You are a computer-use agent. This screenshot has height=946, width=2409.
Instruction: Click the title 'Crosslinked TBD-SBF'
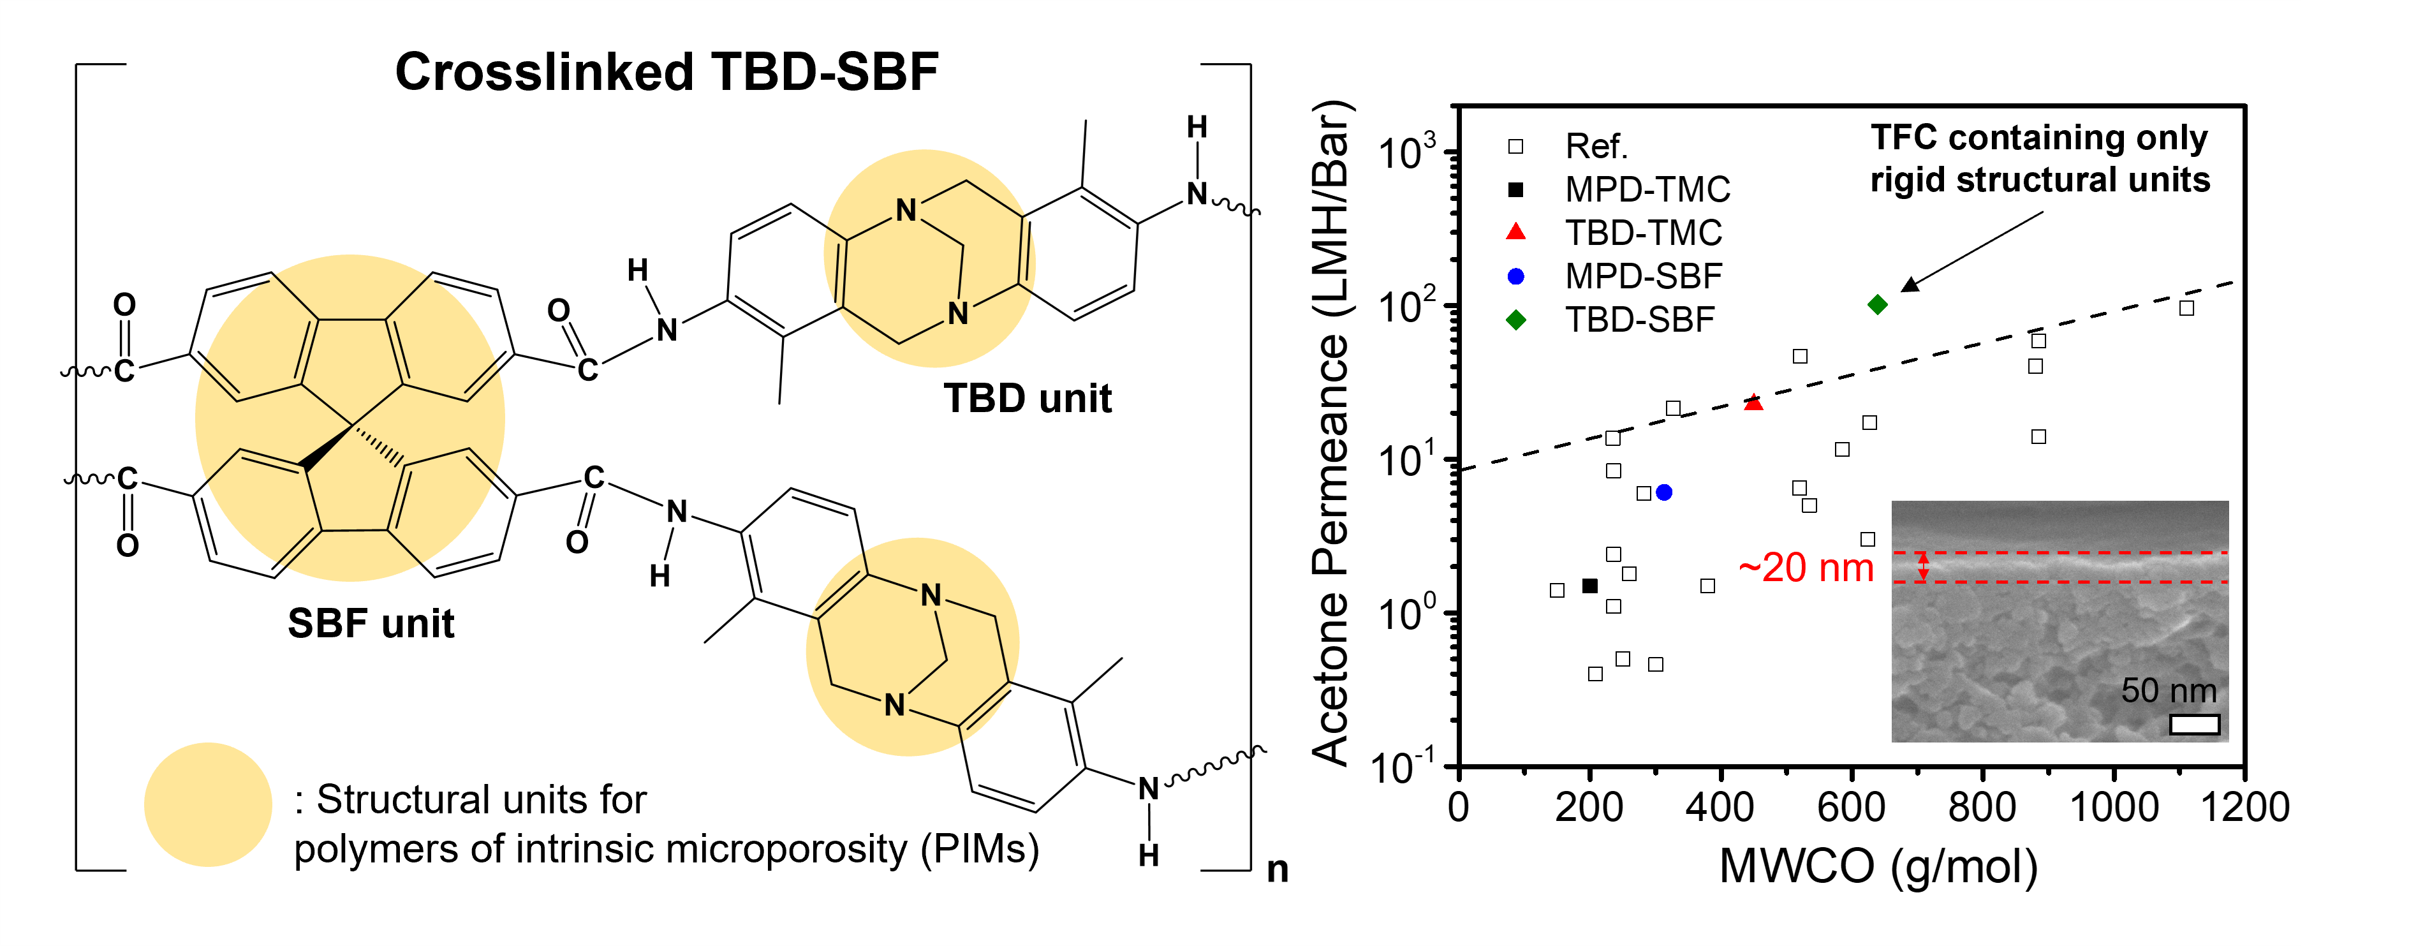tap(666, 72)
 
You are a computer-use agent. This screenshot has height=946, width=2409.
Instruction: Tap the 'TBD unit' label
tap(1027, 399)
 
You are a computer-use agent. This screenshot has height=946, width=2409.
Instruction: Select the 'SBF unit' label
tap(371, 623)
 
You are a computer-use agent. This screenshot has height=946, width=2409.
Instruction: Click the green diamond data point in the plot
tap(1877, 304)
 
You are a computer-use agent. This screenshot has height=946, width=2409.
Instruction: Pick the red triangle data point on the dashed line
tap(1753, 403)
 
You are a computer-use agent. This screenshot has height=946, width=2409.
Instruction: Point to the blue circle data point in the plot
tap(1663, 492)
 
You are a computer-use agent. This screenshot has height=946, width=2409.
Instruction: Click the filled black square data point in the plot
tap(1590, 586)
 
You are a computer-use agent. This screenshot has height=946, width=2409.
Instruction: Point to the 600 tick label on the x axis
tap(1851, 806)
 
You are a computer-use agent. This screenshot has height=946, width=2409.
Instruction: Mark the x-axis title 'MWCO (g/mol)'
tap(1878, 866)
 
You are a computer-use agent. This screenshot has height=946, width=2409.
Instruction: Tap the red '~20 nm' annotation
tap(1806, 567)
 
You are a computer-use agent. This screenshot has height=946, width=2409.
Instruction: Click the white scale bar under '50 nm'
tap(2194, 724)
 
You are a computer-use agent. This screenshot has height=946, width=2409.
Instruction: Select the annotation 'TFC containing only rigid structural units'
tap(2040, 158)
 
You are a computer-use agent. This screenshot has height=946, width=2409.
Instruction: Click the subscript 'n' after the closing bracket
tap(1278, 869)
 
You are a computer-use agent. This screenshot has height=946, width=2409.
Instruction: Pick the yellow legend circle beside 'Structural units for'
tap(208, 804)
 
